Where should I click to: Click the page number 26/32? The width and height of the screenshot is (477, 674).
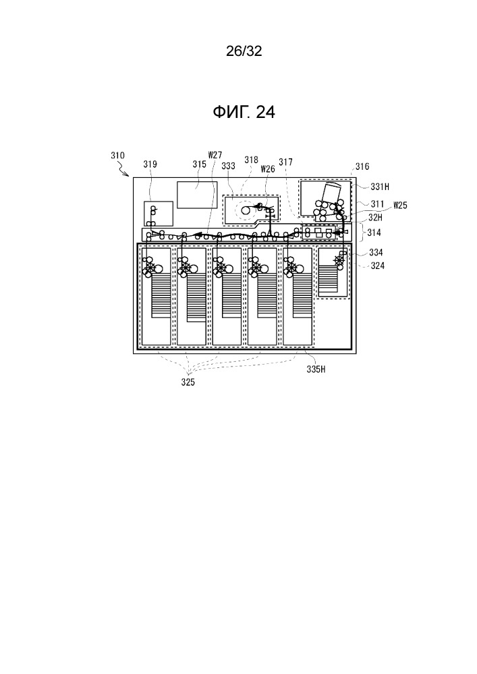point(244,51)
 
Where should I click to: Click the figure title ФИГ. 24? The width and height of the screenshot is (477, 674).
point(244,112)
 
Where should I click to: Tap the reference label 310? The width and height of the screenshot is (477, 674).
point(117,155)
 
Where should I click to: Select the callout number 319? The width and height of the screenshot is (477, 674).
point(150,164)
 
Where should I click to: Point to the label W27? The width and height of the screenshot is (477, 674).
point(215,155)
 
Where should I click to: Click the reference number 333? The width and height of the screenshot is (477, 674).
point(228,166)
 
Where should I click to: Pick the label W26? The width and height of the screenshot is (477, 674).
point(268,169)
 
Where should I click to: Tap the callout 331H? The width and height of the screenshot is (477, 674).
point(380,187)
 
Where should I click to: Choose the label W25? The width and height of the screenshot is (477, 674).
point(400,205)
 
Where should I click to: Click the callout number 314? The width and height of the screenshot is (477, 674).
point(374,233)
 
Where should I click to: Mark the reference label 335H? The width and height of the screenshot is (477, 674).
point(316,369)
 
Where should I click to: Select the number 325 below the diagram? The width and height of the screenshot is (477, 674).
point(188,382)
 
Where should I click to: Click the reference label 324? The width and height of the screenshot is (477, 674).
point(377,266)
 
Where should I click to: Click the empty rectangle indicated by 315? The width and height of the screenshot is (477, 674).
point(197,195)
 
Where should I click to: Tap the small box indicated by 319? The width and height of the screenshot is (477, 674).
point(159,214)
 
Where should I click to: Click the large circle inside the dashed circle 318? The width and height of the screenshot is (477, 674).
point(246,210)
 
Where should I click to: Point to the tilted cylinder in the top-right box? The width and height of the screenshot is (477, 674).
point(331,191)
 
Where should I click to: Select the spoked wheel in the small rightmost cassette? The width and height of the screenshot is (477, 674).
point(339,260)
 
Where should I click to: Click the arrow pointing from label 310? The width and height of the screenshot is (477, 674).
point(124,171)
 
